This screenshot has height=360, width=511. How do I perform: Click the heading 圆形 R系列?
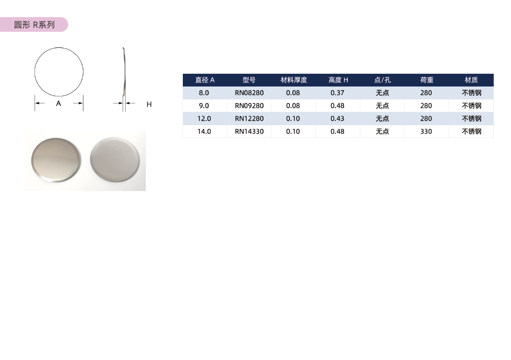(x=34, y=25)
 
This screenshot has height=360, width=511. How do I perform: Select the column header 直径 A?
(x=205, y=80)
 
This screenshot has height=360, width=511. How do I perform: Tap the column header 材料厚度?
(x=294, y=80)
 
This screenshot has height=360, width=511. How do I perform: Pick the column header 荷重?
(x=427, y=80)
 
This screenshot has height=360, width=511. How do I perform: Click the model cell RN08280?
(x=249, y=93)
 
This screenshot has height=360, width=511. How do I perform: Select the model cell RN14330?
(x=249, y=131)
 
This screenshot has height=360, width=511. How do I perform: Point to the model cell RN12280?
(x=249, y=119)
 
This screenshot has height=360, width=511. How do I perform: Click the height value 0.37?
(x=337, y=93)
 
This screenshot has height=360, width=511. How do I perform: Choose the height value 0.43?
(x=337, y=119)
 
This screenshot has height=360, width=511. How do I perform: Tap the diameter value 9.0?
(x=204, y=105)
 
